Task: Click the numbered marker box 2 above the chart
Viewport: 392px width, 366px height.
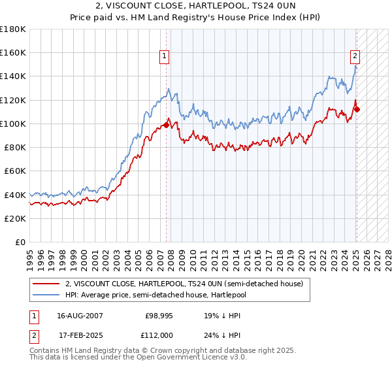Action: pos(355,56)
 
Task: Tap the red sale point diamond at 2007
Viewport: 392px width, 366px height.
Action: pos(166,124)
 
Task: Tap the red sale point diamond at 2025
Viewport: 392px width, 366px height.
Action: pos(357,108)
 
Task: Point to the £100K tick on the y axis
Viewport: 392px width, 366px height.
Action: pos(14,124)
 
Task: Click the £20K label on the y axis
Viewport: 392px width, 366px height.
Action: pos(16,218)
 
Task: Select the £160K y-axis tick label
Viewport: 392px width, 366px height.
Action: pos(14,52)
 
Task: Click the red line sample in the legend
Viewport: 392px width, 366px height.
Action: pos(46,284)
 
